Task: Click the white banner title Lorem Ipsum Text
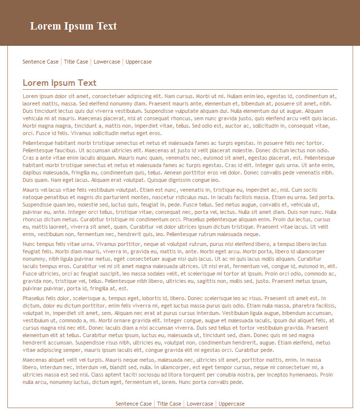point(73,26)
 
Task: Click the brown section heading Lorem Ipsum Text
point(60,83)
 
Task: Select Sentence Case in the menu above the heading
point(40,62)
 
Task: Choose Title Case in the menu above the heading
point(76,62)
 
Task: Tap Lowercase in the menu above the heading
point(107,62)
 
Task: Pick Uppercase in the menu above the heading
point(138,62)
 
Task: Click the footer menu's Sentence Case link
point(133,404)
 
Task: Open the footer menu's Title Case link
point(169,404)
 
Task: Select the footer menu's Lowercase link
point(200,404)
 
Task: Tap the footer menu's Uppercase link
point(231,404)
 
